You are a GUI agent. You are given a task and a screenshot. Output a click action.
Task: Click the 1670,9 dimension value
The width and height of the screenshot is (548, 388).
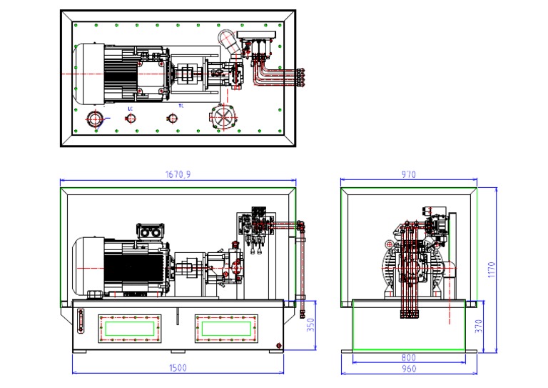click(x=178, y=174)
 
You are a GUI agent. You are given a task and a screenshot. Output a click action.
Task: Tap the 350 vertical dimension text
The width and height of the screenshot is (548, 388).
click(x=310, y=325)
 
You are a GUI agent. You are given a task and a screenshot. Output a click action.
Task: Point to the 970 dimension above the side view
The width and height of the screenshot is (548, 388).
click(x=409, y=174)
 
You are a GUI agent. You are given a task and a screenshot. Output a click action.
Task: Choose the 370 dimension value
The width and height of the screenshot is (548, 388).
click(x=479, y=326)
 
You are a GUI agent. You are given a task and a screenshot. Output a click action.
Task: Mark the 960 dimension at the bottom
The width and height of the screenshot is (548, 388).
click(x=408, y=369)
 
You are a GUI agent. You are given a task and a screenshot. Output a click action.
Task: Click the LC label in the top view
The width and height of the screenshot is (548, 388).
click(x=130, y=109)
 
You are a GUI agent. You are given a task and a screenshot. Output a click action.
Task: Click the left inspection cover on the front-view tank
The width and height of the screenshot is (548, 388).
click(x=129, y=328)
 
